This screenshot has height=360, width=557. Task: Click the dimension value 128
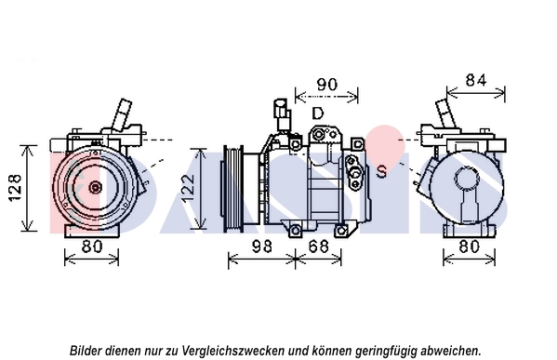point(15,188)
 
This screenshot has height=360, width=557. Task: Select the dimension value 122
point(189,188)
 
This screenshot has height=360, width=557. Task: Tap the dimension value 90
point(326,85)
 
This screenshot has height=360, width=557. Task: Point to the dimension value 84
point(476,81)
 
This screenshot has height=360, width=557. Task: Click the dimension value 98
point(262,247)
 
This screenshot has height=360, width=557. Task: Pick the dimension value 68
point(319,247)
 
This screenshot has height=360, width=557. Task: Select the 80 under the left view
point(92,247)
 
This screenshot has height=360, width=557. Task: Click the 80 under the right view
point(469,247)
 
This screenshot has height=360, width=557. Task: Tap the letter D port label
point(318,113)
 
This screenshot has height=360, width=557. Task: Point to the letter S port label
point(381,171)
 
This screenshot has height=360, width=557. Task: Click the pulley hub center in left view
point(95,187)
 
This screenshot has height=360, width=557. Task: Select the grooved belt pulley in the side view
point(233,189)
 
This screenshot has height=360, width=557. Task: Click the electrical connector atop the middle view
point(282,113)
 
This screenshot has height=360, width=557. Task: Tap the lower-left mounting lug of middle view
point(295,231)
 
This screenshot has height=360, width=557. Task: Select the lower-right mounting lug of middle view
point(341,231)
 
